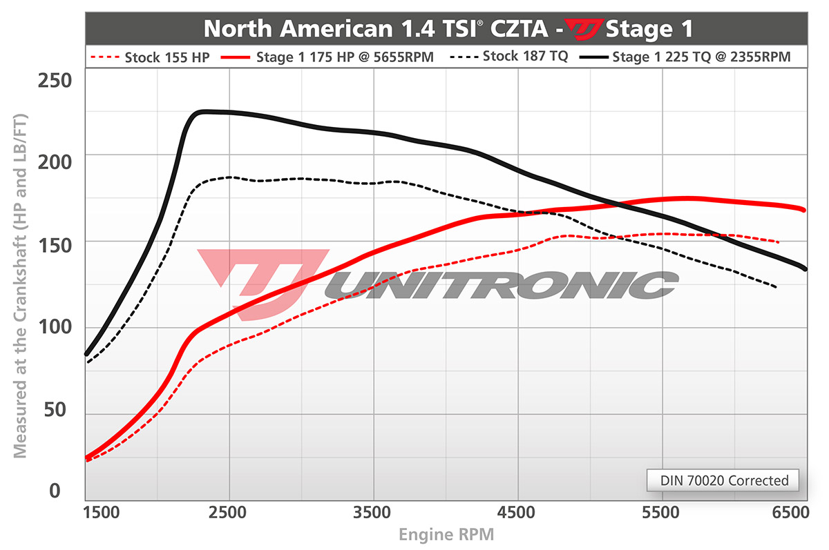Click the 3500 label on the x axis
tap(374, 514)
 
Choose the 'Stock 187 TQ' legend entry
tap(511, 57)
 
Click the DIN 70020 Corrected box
tap(723, 480)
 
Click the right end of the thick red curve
tap(804, 210)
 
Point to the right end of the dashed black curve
tap(776, 286)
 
